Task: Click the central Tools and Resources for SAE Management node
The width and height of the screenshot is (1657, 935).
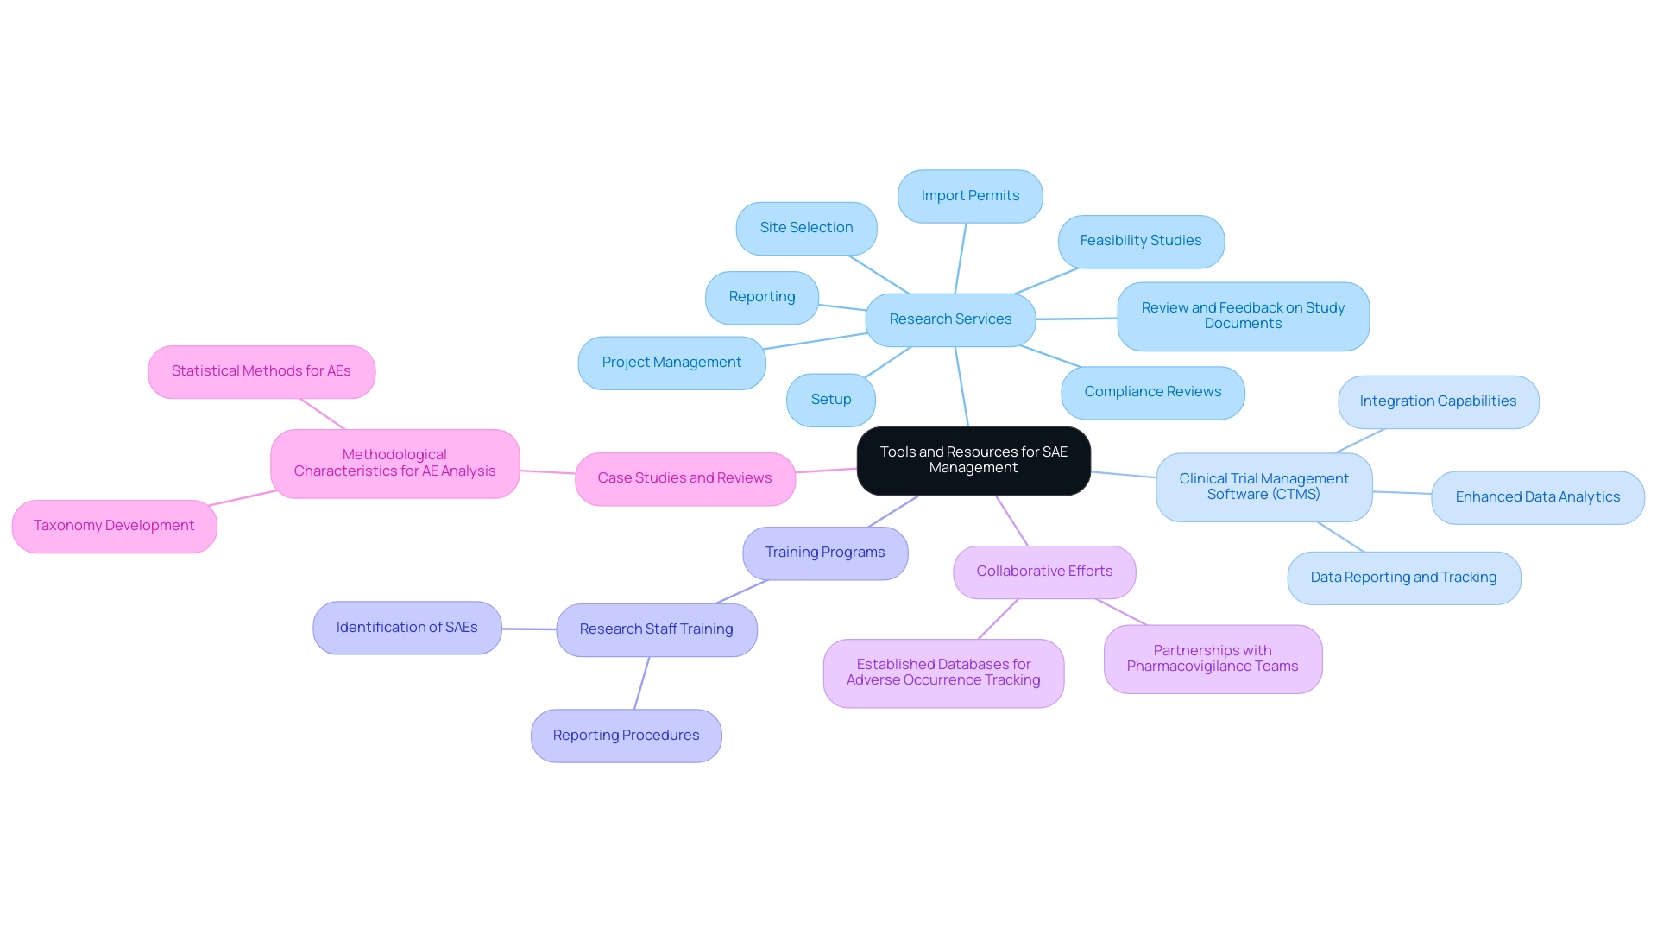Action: (973, 460)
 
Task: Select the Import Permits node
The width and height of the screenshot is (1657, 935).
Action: (970, 196)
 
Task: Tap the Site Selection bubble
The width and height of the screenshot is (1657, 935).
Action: (806, 228)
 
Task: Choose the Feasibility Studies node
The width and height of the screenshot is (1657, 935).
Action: (1140, 241)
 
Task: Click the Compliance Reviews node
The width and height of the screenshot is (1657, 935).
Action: (1152, 392)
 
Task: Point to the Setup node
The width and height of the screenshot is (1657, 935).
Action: (830, 400)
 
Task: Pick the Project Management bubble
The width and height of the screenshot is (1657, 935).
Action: (671, 363)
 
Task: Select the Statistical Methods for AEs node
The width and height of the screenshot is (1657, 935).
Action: (261, 371)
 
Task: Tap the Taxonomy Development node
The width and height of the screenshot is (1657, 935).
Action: (114, 526)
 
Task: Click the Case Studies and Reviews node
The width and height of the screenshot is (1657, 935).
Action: (684, 478)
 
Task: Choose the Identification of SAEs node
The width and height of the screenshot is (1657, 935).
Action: (406, 628)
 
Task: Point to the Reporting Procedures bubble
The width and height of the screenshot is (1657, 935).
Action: (626, 736)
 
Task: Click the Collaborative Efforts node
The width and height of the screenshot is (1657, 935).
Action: (1044, 572)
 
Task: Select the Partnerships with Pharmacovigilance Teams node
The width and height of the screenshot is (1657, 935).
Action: (1212, 659)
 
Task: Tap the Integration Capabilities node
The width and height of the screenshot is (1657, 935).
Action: (1438, 401)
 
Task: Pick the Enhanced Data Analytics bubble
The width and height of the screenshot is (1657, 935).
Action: (1537, 497)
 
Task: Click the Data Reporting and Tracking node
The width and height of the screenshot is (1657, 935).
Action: (1403, 578)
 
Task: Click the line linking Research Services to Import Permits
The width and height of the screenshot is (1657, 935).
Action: (961, 258)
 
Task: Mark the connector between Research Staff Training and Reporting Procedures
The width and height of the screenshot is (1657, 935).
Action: (641, 683)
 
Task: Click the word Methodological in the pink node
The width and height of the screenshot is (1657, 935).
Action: (394, 455)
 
